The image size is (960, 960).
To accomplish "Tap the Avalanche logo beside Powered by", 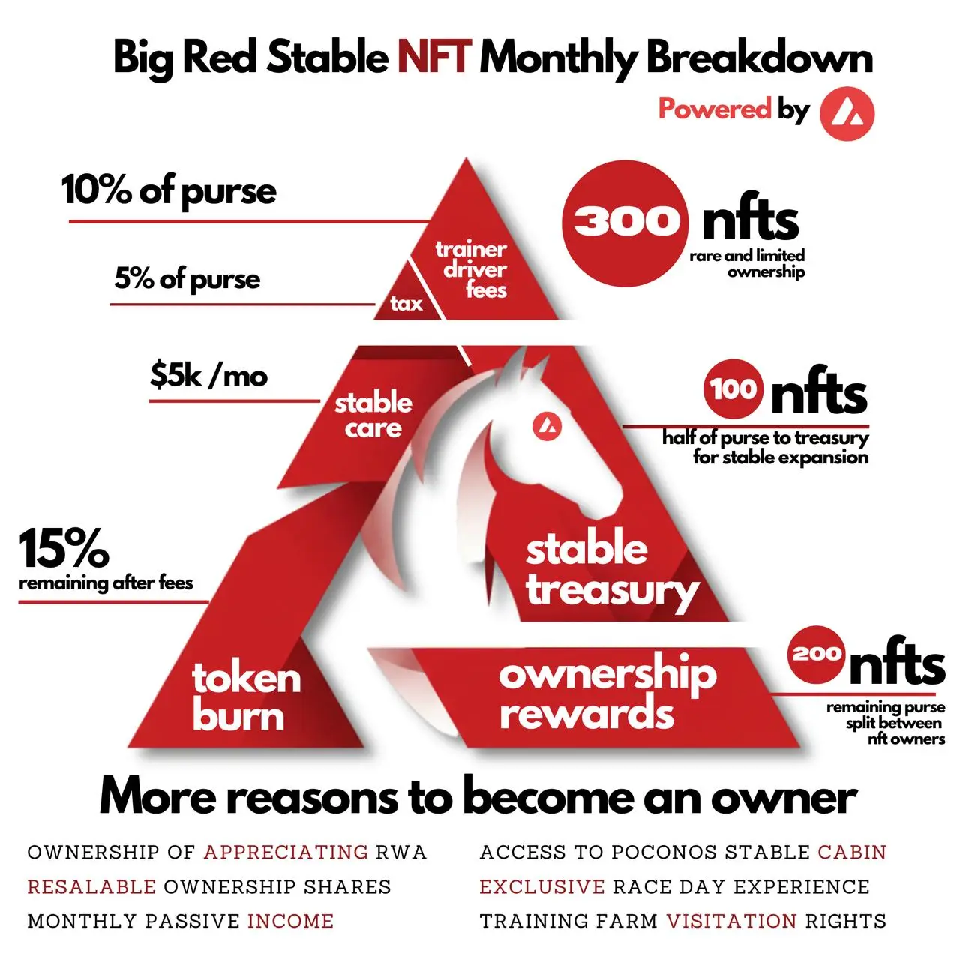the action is click(x=847, y=113).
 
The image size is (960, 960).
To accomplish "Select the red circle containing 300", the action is click(x=625, y=223).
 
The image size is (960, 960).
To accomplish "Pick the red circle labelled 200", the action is click(x=817, y=655).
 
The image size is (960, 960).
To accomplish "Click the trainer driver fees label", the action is click(x=471, y=269).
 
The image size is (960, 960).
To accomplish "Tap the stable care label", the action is click(x=373, y=415).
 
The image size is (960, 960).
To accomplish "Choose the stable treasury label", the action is click(x=611, y=571).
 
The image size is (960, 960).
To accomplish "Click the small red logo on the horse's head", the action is click(x=547, y=427).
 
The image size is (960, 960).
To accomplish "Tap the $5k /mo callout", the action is click(x=208, y=375).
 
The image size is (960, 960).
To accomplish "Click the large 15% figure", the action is click(x=64, y=548).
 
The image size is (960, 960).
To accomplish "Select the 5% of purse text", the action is click(x=187, y=279).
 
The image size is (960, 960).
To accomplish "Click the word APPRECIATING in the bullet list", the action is click(x=286, y=853).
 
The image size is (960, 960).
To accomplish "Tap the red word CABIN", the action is click(x=852, y=853).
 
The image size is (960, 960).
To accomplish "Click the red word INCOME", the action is click(x=290, y=921).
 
